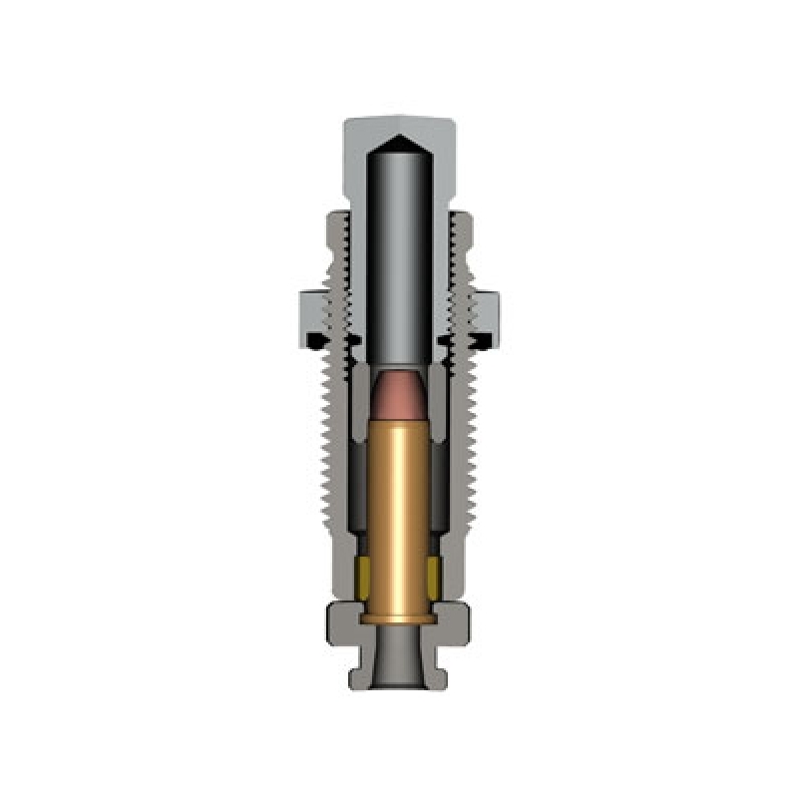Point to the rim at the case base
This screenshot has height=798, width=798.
coord(399,619)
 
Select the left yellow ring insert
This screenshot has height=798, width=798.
coord(365,573)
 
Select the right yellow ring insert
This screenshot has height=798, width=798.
coord(434,573)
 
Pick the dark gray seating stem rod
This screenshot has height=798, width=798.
coord(399,259)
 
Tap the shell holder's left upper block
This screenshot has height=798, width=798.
coord(344,622)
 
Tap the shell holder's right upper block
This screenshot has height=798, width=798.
coord(455,622)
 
